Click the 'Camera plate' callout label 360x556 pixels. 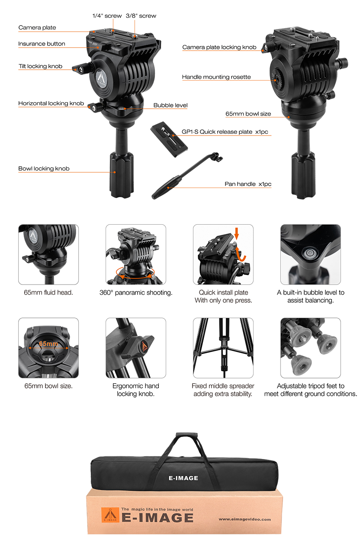point(37,28)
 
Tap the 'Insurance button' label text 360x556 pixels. point(42,44)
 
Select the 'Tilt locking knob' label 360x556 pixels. point(40,66)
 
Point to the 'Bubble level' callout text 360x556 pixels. point(170,105)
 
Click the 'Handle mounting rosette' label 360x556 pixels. point(216,77)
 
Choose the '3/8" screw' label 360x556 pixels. point(141,16)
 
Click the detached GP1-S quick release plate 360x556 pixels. point(169,139)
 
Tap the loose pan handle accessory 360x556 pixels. point(187,175)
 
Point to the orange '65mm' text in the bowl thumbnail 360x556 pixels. point(48,344)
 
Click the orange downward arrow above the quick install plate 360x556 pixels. point(237,233)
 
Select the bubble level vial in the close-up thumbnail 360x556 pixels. point(309,253)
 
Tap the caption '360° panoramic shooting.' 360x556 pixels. point(136,293)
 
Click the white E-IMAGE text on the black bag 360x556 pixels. point(183,478)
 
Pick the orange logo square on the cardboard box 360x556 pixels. point(110,515)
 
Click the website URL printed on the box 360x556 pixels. point(244,519)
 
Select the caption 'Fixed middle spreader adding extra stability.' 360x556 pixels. point(223,390)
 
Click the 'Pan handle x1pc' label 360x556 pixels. point(248,184)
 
